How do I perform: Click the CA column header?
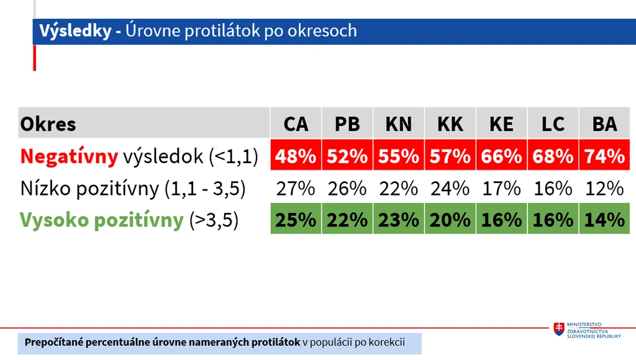[296, 124]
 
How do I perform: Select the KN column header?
[399, 124]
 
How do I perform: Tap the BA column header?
[604, 124]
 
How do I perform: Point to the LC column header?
[553, 124]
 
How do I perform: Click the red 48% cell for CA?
[296, 155]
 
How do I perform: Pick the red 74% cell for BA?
[604, 155]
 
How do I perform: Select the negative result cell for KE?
[501, 155]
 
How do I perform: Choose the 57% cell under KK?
[450, 155]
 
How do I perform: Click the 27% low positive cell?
[296, 189]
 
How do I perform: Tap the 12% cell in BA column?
[604, 189]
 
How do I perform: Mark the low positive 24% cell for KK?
[450, 189]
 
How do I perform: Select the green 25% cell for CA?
[296, 219]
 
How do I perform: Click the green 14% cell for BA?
[604, 219]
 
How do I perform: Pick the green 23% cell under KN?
[399, 219]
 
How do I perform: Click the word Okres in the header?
[48, 124]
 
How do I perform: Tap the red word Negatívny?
[69, 156]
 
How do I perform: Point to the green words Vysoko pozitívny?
[102, 220]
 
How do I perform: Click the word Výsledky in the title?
[75, 31]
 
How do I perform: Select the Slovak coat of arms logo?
[559, 329]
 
